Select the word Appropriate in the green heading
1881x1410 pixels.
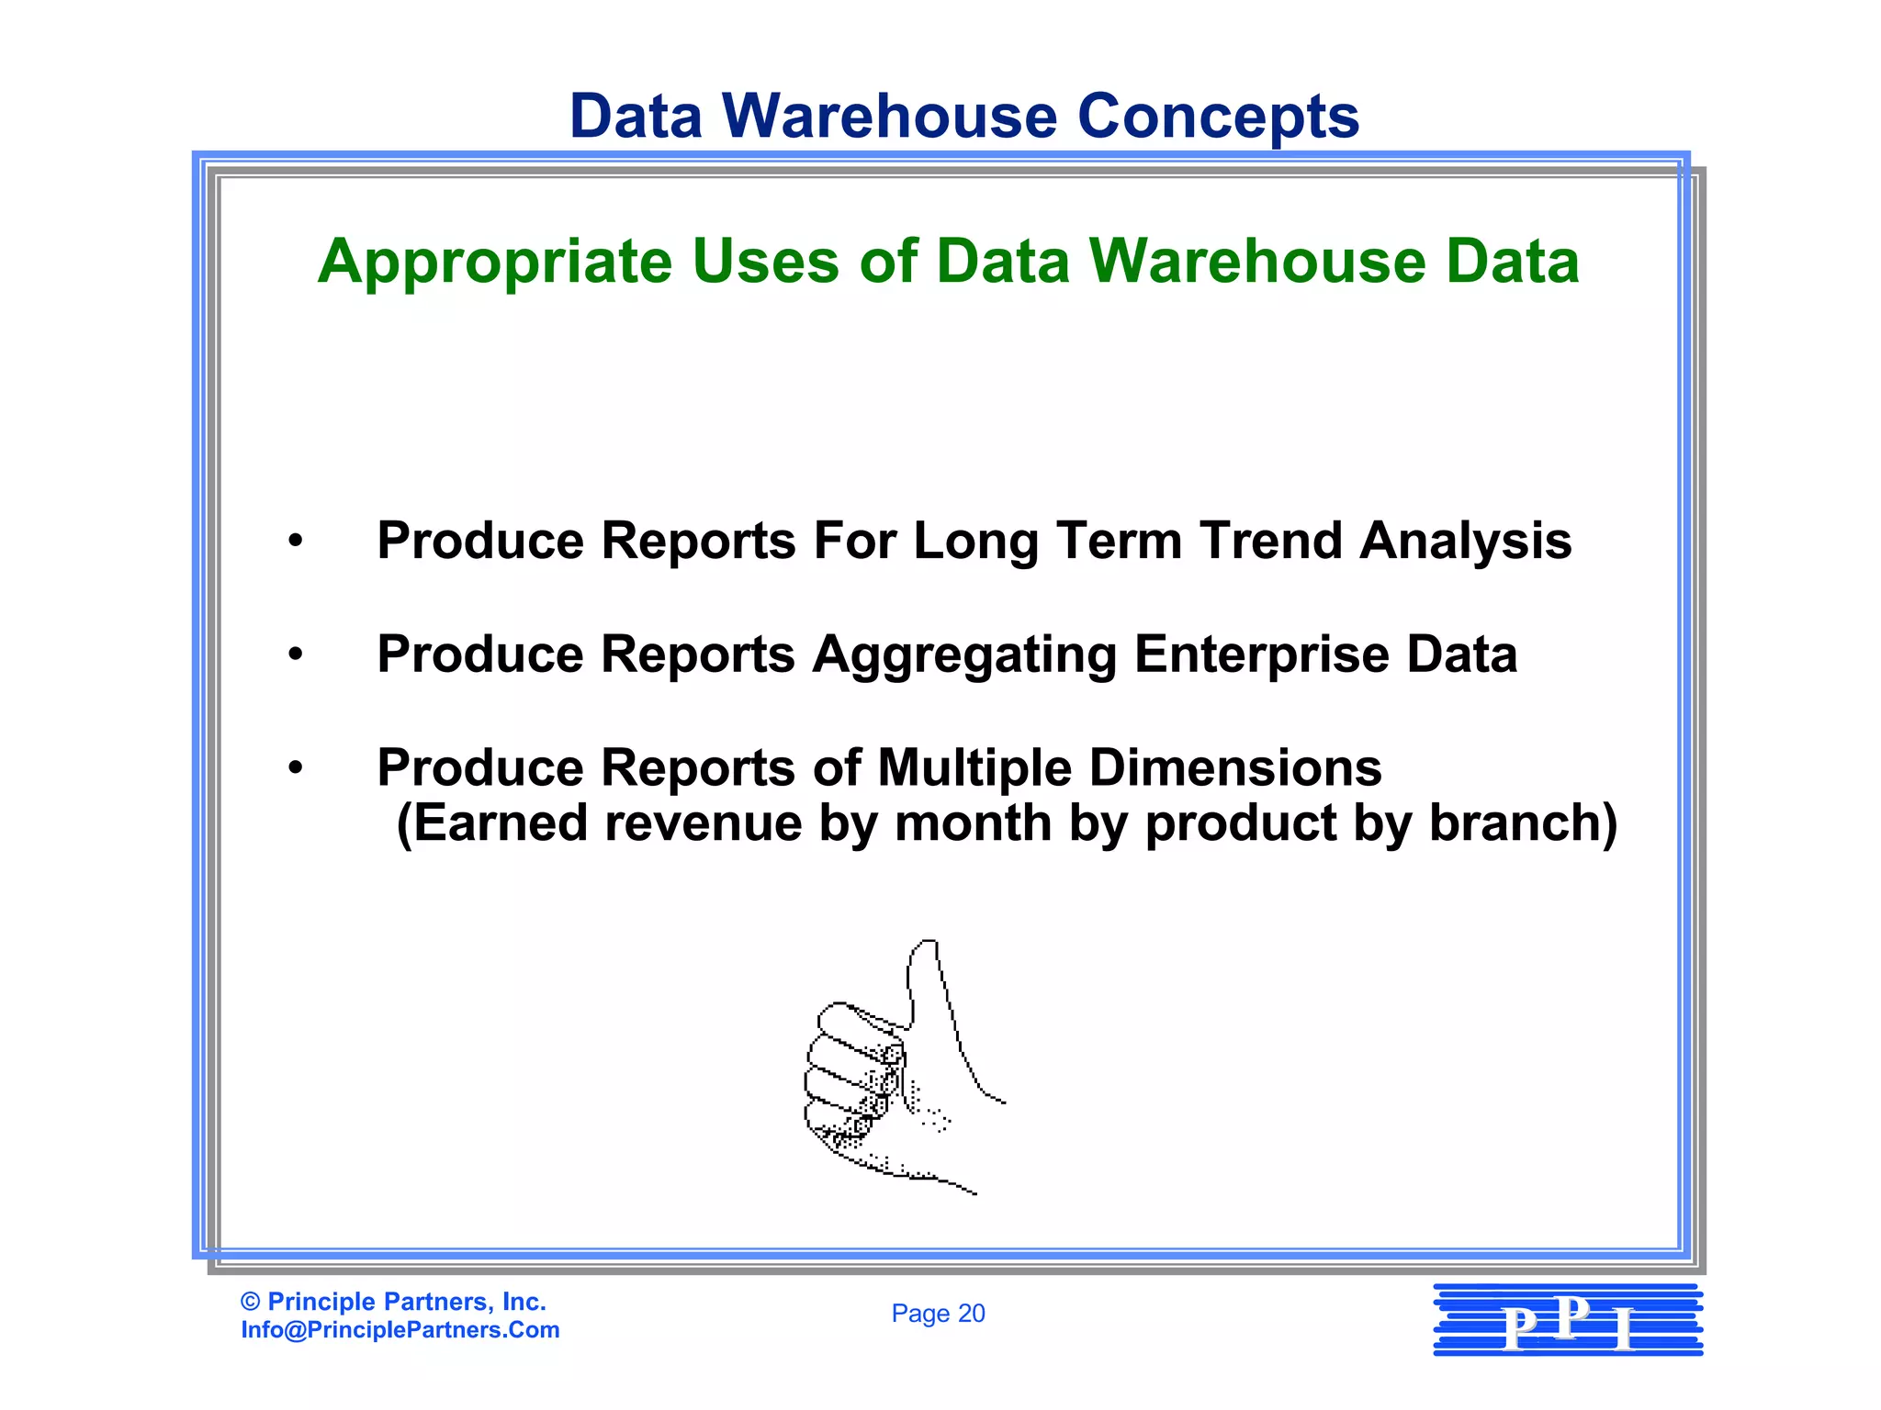495,263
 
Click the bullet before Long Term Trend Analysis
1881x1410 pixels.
295,541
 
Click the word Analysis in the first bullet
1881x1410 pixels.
1466,542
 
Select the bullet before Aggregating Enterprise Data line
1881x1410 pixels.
295,655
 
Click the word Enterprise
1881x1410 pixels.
1262,655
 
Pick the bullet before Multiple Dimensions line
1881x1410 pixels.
295,767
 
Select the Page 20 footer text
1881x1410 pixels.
938,1314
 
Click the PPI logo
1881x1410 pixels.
1568,1320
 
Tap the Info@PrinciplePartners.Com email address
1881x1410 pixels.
400,1330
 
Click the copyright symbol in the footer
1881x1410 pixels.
250,1302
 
